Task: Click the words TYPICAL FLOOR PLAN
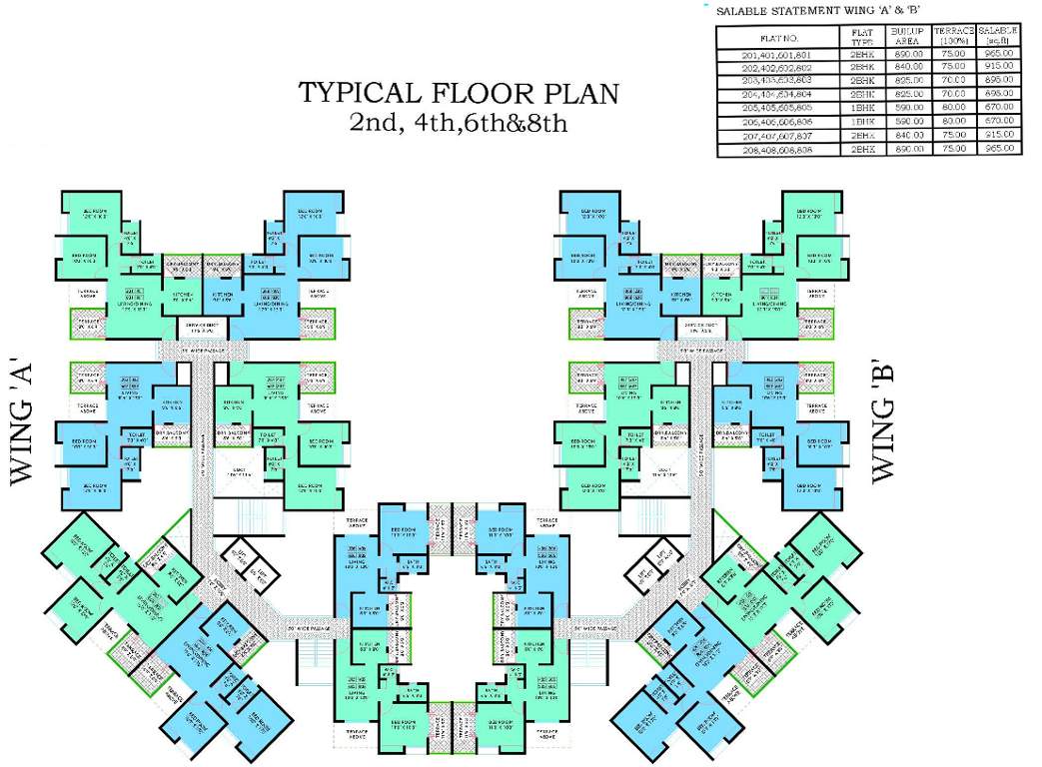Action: click(459, 95)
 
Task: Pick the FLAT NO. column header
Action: click(779, 37)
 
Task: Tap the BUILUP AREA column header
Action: click(907, 37)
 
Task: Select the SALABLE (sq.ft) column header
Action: click(998, 37)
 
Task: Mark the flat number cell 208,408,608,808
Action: click(779, 148)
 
